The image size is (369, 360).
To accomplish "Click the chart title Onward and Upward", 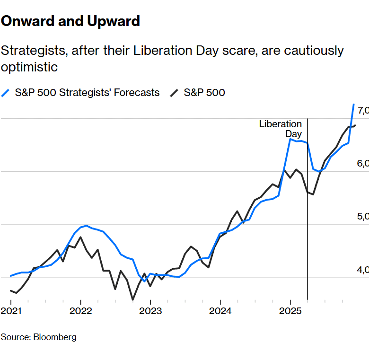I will point(70,21).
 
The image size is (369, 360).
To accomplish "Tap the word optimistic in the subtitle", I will point(29,67).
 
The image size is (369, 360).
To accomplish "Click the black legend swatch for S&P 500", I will point(174,93).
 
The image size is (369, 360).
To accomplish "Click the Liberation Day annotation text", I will point(281,129).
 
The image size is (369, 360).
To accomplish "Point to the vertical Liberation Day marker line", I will point(307,213).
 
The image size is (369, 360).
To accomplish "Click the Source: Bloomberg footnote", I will point(38,337).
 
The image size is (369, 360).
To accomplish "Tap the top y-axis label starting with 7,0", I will point(363,111).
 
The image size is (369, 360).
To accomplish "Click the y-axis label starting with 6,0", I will point(363,164).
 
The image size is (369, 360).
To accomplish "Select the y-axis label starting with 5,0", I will point(363,217).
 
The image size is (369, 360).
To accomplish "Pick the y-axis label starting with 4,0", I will point(363,270).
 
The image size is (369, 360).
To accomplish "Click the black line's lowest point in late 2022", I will point(133,299).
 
